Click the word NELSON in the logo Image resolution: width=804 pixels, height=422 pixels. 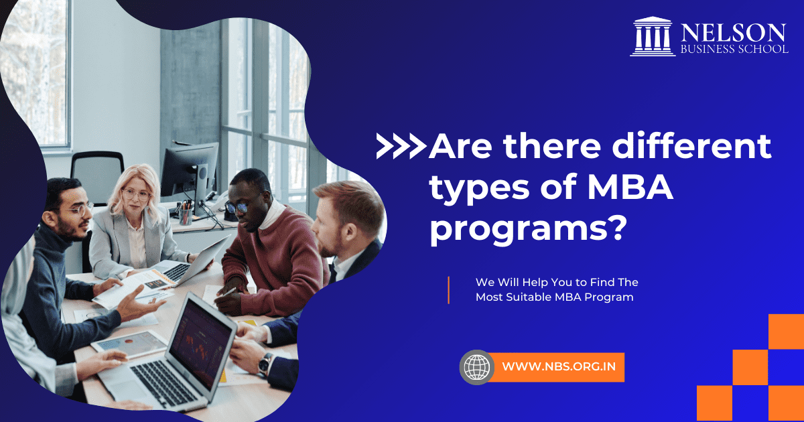click(734, 32)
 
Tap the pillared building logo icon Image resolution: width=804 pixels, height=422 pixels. click(653, 37)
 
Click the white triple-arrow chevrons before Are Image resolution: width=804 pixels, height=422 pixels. click(401, 147)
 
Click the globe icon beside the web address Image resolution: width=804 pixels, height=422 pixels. click(476, 367)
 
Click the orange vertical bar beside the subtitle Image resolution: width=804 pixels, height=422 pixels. click(448, 289)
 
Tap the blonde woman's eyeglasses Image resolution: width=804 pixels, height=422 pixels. click(136, 196)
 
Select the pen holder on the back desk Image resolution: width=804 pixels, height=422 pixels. click(185, 216)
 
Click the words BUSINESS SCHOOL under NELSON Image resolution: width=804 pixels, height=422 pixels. click(734, 49)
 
